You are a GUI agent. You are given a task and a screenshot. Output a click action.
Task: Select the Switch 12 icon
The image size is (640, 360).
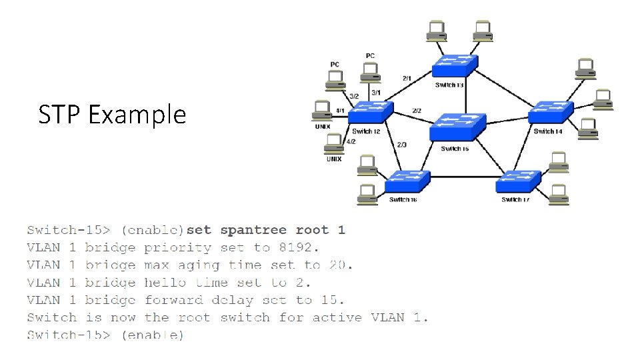(370, 113)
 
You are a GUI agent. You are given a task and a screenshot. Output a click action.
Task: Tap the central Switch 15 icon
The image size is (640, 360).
(456, 127)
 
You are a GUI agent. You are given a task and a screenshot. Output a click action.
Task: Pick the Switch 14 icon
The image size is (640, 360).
(551, 113)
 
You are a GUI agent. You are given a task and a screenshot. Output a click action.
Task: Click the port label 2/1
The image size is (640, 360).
(407, 78)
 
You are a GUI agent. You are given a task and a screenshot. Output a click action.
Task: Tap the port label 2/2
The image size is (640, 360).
(417, 110)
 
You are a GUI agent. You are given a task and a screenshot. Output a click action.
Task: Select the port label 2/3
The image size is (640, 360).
(401, 145)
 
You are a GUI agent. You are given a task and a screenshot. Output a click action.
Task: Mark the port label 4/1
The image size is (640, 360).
(340, 110)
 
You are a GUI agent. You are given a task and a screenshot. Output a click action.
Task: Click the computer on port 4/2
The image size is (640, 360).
(333, 143)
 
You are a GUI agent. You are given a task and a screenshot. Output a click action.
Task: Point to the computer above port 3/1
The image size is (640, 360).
(370, 73)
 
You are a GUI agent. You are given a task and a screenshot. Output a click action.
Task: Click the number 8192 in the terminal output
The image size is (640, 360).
(297, 248)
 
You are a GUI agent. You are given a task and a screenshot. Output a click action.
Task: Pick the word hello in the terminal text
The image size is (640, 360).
(165, 283)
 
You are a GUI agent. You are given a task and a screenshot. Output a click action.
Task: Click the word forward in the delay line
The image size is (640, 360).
(173, 300)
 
